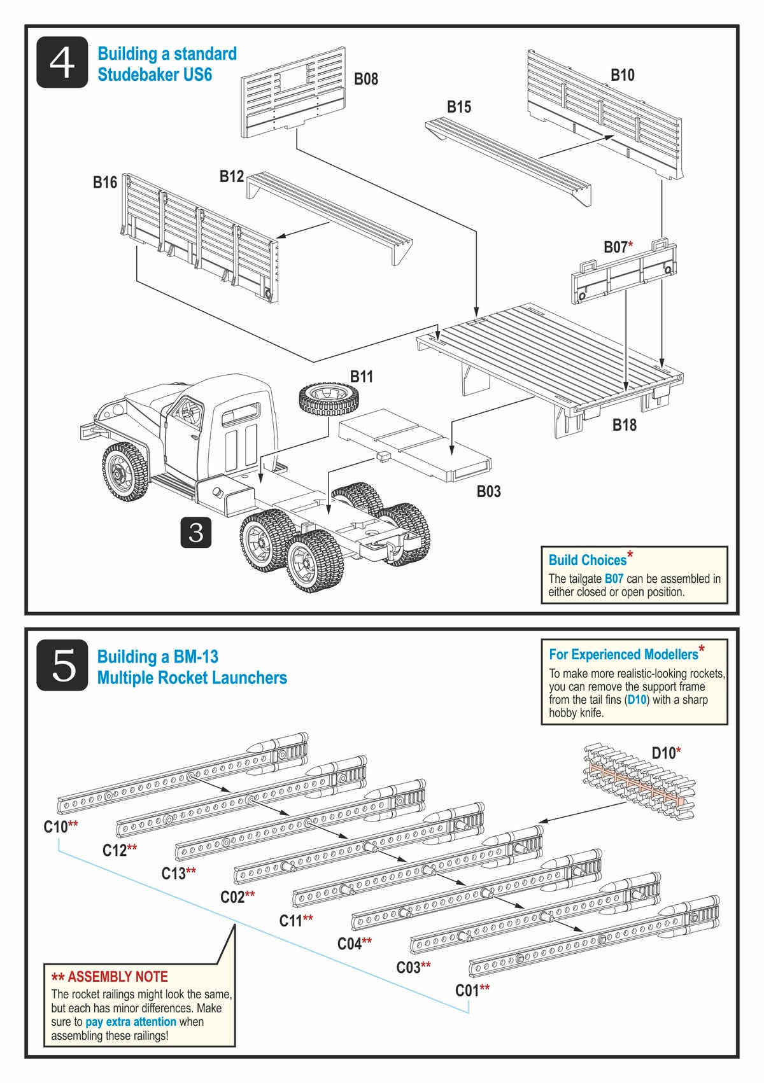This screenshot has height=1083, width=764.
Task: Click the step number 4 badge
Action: (62, 62)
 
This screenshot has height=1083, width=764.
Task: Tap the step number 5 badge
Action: (62, 665)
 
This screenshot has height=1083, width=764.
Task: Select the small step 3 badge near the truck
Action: (195, 532)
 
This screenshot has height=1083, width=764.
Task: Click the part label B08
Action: (365, 79)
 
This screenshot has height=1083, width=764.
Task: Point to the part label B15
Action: (458, 107)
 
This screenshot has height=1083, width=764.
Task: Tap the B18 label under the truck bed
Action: (624, 425)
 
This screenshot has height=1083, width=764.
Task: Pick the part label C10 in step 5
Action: (55, 827)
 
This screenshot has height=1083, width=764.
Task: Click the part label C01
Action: (467, 990)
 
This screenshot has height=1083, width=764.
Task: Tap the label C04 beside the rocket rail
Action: (350, 944)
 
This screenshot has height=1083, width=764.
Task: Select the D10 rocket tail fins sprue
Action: (639, 781)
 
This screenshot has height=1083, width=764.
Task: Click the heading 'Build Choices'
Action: (588, 560)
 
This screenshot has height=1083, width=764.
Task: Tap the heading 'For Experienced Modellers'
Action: (623, 654)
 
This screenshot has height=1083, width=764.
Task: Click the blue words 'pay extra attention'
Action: (131, 1022)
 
